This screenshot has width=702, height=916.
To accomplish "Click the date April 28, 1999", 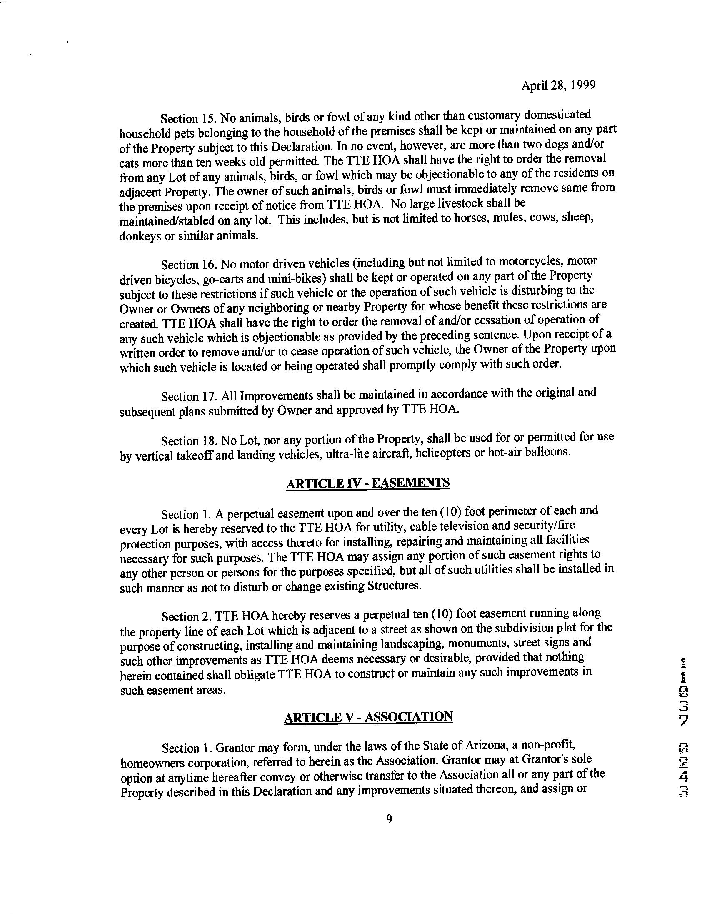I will click(558, 85).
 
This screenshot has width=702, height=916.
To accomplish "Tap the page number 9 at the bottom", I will click(389, 820).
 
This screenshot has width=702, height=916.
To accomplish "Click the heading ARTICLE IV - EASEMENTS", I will click(368, 483).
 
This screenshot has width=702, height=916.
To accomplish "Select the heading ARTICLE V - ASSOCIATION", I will click(368, 718).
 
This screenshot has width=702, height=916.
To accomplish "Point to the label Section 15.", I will click(187, 119).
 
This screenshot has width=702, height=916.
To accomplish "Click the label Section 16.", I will click(187, 265).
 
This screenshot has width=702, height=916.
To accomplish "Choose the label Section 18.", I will click(187, 441).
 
